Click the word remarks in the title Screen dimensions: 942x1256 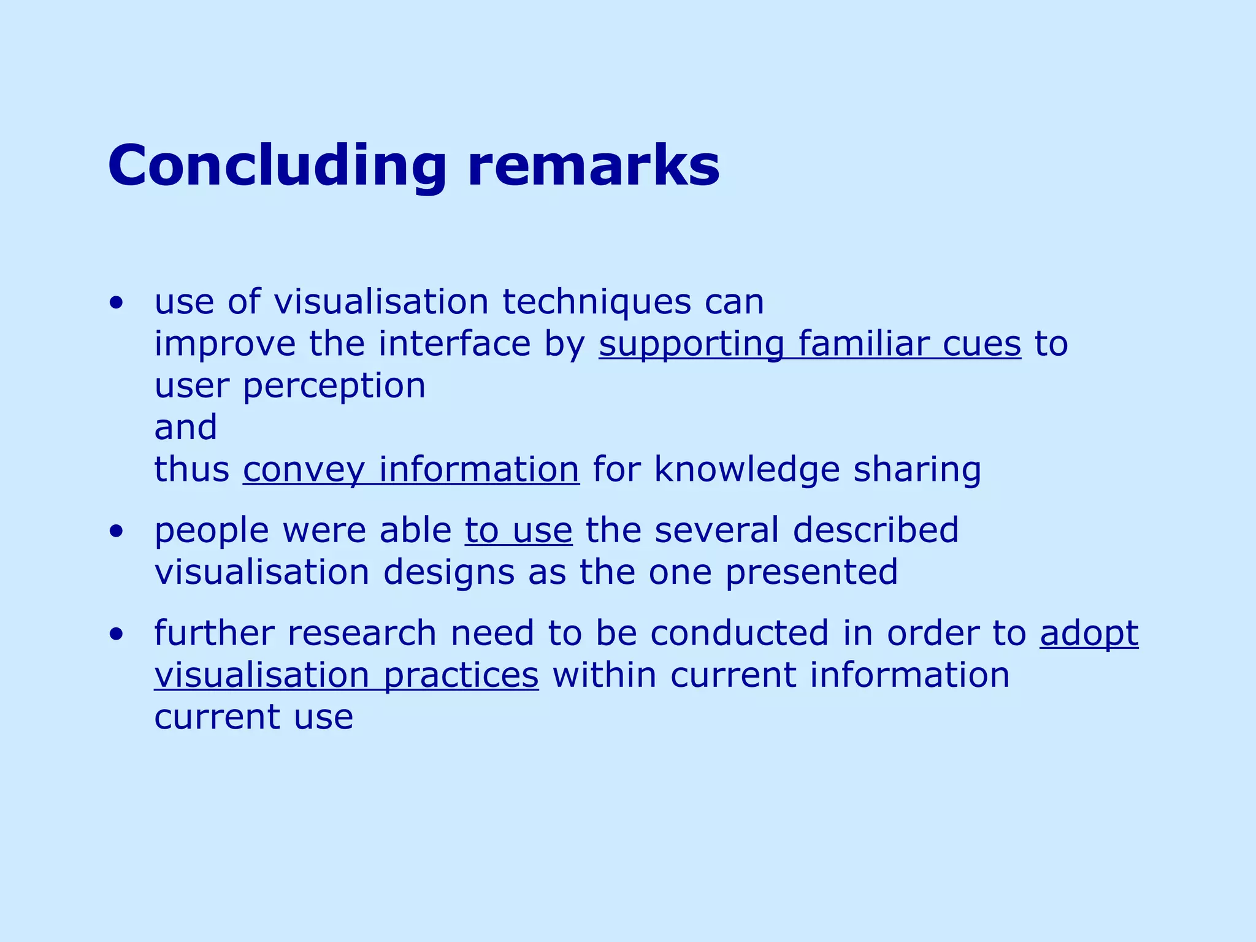[x=594, y=167]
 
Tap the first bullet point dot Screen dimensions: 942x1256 [x=117, y=303]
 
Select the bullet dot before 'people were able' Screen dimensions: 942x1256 [x=117, y=532]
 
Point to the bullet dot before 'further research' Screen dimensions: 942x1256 [x=117, y=635]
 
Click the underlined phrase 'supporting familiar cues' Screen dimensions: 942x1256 [x=810, y=345]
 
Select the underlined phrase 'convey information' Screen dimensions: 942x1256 [x=411, y=470]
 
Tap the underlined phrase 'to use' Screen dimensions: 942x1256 [x=518, y=531]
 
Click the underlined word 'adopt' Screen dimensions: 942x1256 [x=1089, y=634]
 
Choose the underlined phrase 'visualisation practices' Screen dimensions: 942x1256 [x=347, y=676]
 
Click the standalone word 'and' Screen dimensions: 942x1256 [x=186, y=427]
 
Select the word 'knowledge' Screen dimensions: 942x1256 [x=747, y=470]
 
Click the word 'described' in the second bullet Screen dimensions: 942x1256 [x=875, y=531]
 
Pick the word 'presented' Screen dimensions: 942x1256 [x=811, y=573]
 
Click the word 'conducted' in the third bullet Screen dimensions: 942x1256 [x=739, y=634]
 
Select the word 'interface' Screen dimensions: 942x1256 [x=454, y=345]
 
